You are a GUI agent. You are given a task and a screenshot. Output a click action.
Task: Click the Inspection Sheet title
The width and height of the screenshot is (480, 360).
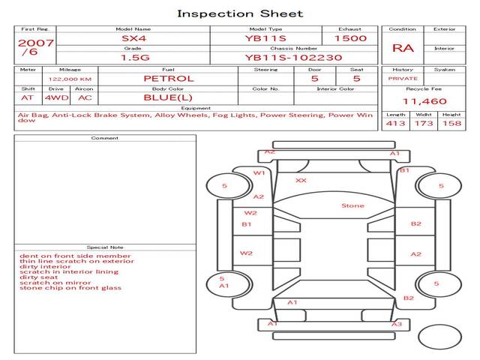click(x=240, y=13)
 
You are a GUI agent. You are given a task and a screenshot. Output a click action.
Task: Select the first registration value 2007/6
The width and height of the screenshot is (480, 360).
click(x=35, y=46)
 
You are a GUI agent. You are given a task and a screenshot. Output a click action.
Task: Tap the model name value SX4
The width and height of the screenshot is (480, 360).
click(x=133, y=38)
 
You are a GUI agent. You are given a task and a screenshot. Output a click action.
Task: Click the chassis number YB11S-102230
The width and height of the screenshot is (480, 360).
click(x=293, y=58)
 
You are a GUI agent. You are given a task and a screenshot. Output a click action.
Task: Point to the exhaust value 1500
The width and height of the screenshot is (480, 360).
click(x=350, y=38)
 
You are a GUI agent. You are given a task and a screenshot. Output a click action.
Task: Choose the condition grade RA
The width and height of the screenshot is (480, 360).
click(x=403, y=48)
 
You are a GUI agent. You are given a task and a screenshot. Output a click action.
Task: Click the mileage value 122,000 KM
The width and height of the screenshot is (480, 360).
click(x=70, y=79)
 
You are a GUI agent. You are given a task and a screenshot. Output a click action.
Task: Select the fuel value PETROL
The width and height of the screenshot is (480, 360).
click(x=169, y=79)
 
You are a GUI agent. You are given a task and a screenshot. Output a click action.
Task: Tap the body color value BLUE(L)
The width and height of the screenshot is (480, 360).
click(x=168, y=97)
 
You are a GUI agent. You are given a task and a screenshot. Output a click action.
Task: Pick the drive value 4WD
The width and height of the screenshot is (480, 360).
click(x=57, y=98)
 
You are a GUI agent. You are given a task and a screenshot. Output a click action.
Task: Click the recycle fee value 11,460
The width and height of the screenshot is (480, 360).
click(x=424, y=101)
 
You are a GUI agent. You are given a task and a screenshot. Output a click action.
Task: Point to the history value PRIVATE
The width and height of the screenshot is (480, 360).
click(x=403, y=79)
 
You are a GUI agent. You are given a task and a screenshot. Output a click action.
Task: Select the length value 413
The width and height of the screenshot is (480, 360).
click(x=395, y=123)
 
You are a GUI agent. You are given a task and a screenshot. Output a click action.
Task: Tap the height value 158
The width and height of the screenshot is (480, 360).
click(x=451, y=123)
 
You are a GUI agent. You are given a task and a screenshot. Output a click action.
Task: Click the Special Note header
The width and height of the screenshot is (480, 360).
click(x=105, y=247)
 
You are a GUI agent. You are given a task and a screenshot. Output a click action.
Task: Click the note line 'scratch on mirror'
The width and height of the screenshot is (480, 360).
click(x=55, y=283)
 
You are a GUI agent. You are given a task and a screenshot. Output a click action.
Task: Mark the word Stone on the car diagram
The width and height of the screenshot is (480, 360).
click(x=352, y=205)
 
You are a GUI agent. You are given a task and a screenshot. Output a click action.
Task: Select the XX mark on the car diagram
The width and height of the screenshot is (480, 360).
click(x=301, y=181)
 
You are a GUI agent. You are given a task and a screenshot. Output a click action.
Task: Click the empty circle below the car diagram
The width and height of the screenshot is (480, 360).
click(x=439, y=337)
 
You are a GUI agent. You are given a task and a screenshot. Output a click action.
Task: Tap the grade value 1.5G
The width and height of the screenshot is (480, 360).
click(x=135, y=58)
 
